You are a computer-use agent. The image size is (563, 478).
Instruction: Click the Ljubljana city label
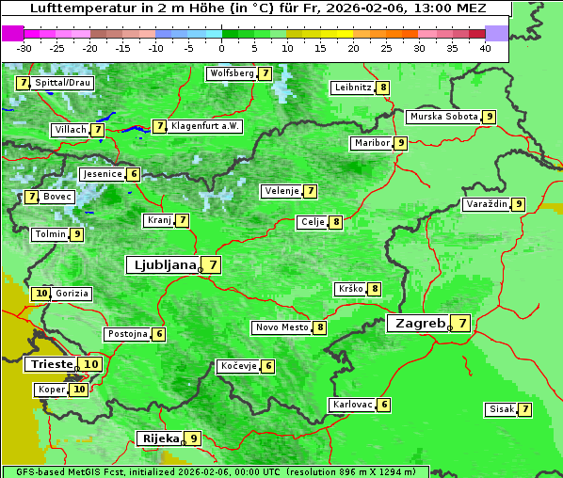(x=163, y=265)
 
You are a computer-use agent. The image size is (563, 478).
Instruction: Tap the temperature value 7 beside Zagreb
(x=461, y=324)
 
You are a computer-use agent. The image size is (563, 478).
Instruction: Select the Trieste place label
(x=51, y=364)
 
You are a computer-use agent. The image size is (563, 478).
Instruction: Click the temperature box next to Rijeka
(x=193, y=438)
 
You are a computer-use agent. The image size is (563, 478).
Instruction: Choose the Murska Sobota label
(x=442, y=117)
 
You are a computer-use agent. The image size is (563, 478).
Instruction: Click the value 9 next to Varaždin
(x=518, y=204)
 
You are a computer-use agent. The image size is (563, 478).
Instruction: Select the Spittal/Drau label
(x=63, y=83)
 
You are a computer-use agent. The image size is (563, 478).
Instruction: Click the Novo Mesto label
(x=281, y=327)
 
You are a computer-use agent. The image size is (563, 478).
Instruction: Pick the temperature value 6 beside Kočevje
(x=268, y=366)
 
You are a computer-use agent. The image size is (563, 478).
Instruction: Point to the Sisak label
(x=500, y=409)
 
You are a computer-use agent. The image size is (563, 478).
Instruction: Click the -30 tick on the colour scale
(x=24, y=48)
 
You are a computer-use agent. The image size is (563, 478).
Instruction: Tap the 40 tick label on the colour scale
(x=485, y=48)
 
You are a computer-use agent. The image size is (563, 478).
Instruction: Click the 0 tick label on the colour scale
(x=222, y=48)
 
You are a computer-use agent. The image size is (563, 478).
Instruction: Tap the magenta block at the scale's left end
(x=12, y=33)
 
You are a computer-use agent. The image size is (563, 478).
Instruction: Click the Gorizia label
(x=72, y=294)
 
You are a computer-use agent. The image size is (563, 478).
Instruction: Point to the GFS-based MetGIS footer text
(x=66, y=471)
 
